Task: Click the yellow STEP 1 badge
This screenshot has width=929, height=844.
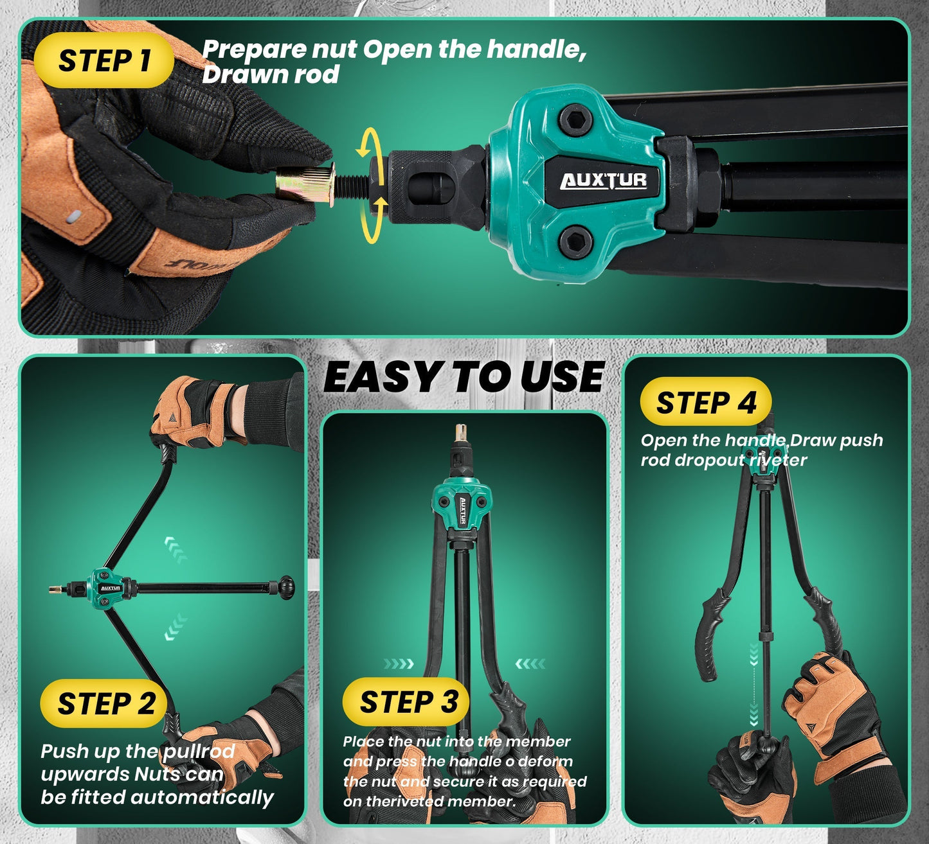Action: pos(104,61)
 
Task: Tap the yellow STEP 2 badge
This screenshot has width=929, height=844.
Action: pos(105,703)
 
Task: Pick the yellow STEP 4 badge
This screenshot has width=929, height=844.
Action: pos(705,403)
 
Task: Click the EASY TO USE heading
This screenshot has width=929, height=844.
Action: pos(463,377)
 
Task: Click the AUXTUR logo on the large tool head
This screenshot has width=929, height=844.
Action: pos(603,181)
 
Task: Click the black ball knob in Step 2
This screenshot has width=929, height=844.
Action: pos(285,586)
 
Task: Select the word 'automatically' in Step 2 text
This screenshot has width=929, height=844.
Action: pos(202,798)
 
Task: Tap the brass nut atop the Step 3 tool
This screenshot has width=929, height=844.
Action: pos(460,432)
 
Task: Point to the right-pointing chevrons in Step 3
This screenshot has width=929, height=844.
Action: pos(399,664)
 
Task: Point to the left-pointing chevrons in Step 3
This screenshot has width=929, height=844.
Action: pos(530,664)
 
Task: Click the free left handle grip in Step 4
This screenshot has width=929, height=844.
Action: pos(707,636)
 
